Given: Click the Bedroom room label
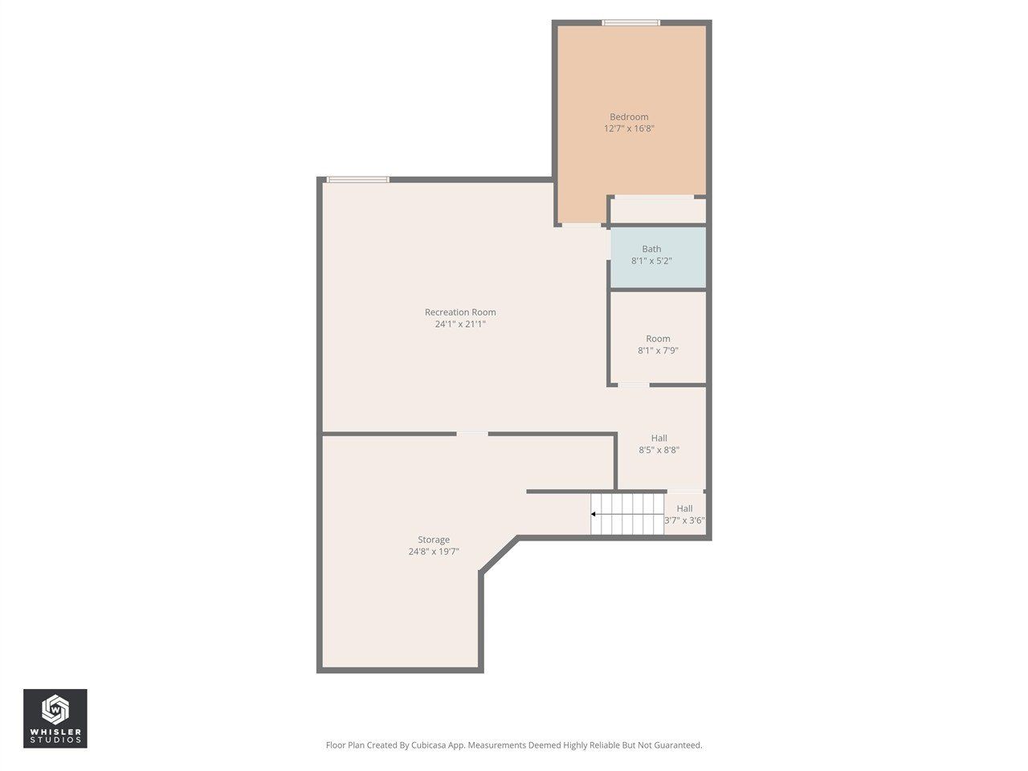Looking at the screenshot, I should (629, 116).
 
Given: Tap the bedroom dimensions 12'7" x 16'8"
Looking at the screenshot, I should (629, 128).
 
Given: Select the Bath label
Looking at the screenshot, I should (651, 249).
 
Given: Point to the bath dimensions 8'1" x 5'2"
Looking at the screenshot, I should (651, 261).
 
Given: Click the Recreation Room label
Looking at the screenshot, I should (460, 312).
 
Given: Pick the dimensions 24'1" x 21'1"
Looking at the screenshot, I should (460, 324).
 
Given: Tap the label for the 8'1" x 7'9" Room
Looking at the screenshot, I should (658, 339).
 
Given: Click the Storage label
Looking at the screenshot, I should (434, 540).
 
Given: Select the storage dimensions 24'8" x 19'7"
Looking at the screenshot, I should (434, 552).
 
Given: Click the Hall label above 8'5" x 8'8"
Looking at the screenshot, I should (659, 439).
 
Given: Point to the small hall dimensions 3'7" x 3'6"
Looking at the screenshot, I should (684, 520).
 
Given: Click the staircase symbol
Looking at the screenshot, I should (628, 514).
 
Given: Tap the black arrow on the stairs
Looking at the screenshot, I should (594, 514).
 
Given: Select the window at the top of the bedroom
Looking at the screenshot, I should (631, 22).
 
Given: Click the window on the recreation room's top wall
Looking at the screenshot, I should (358, 179).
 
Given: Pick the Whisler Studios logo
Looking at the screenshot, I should (55, 718).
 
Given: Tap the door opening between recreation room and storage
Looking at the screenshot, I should (472, 434).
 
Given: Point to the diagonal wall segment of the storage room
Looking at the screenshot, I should (499, 555).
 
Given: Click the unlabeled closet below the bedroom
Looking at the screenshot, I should (658, 210).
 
